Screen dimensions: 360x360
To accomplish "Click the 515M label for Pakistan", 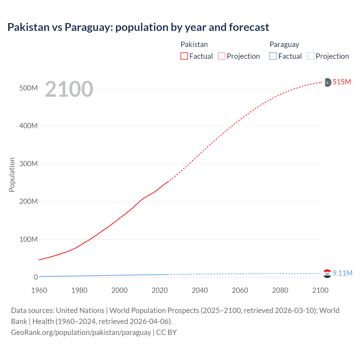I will pos(342,82).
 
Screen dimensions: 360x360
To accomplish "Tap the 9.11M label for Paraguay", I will pos(342,273).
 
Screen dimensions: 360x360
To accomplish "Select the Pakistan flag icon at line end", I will pos(327,82).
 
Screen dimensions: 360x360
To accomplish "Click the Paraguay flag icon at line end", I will pos(327,273).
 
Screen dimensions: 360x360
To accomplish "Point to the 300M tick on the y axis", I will pos(28,164).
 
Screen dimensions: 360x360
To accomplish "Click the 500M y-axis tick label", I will pos(28,88).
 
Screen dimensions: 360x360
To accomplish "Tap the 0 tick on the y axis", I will pos(36,277).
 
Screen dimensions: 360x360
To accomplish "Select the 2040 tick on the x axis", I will pos(200,290).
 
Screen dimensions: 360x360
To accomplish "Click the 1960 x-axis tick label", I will pos(39,290).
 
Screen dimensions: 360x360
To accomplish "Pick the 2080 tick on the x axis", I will pos(280,290).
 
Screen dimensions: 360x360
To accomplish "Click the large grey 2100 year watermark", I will pos(69,89).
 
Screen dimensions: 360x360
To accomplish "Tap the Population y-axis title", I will pos(12,175).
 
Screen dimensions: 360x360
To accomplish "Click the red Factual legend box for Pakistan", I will pos(184,56).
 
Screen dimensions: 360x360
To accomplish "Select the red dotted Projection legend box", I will pos(222,56).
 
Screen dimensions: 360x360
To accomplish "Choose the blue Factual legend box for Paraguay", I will pos(273,56).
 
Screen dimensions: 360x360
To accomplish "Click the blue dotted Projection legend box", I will pos(311,56).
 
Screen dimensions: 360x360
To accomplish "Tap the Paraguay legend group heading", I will pos(284,44).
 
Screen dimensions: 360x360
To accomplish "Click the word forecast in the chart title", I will pos(249,27).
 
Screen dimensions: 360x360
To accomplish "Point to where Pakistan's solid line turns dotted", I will pos(168,181).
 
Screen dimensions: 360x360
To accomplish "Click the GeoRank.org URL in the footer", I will pos(81,332).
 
